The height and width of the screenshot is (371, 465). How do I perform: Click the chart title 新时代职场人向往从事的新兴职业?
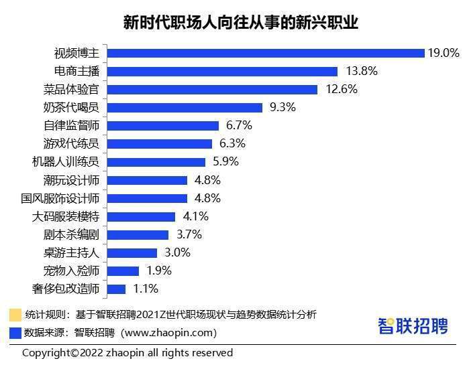[231, 23]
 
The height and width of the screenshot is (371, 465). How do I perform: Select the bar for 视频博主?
[266, 53]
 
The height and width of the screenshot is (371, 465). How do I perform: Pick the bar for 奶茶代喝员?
[185, 107]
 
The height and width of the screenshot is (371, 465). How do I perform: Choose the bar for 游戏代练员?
[159, 143]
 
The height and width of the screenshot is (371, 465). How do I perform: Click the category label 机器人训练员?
[65, 162]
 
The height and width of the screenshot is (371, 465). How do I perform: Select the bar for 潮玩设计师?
[147, 180]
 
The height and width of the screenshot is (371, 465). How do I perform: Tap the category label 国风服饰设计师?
[60, 198]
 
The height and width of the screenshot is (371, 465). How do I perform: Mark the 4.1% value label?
[195, 216]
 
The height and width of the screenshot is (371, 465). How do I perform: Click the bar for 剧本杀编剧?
[138, 234]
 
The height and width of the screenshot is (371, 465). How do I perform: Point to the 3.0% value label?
[176, 252]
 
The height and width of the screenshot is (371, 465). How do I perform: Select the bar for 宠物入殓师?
[123, 271]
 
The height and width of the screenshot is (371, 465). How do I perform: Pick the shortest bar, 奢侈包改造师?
[116, 289]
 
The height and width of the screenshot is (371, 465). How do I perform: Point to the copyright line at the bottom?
[127, 353]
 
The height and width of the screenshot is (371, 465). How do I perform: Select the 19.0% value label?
[444, 53]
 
